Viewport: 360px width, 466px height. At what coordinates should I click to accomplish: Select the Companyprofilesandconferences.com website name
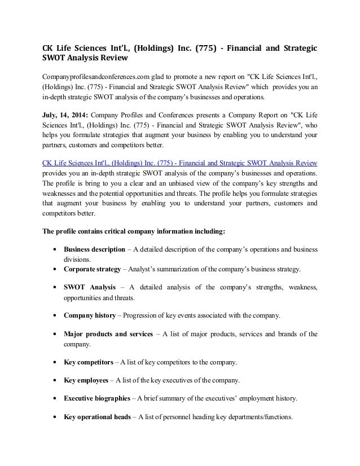coord(91,76)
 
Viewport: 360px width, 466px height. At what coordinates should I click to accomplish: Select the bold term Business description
coord(94,249)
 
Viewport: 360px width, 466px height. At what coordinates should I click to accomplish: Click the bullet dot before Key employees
coord(53,380)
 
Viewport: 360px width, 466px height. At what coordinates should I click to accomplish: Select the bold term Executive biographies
coord(96,398)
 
